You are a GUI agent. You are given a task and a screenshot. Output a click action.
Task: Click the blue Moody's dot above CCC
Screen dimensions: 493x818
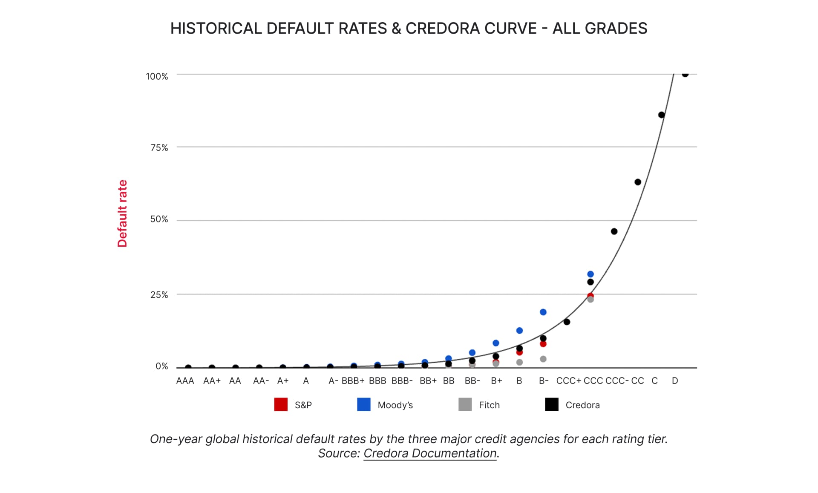pyautogui.click(x=590, y=274)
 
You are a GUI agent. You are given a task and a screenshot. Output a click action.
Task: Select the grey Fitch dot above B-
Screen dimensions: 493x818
pyautogui.click(x=543, y=359)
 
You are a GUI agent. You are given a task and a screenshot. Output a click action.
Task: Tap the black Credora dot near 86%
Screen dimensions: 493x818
pyautogui.click(x=661, y=115)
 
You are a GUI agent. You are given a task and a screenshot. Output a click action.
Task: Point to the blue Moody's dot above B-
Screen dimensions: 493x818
pyautogui.click(x=543, y=312)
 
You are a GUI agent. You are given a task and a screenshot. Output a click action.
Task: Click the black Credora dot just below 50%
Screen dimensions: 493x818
pyautogui.click(x=614, y=231)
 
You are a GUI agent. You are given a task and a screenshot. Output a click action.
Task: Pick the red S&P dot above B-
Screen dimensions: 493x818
pyautogui.click(x=543, y=344)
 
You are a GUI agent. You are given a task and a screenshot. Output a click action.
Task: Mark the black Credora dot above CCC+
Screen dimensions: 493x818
pyautogui.click(x=567, y=322)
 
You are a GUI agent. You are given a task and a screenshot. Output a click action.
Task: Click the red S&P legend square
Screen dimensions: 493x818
pyautogui.click(x=281, y=404)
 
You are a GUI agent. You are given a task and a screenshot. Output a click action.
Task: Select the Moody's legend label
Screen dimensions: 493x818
pyautogui.click(x=395, y=405)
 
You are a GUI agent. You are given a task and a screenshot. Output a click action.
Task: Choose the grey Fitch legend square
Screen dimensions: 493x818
pyautogui.click(x=465, y=404)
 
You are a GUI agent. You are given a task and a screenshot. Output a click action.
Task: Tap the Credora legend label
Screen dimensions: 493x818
pyautogui.click(x=582, y=405)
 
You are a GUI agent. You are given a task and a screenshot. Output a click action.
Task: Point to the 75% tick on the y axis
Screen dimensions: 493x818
pyautogui.click(x=159, y=147)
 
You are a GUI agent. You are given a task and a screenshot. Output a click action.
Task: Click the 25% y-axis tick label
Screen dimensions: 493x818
pyautogui.click(x=159, y=294)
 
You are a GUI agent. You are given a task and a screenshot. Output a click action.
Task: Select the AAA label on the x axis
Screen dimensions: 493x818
pyautogui.click(x=185, y=381)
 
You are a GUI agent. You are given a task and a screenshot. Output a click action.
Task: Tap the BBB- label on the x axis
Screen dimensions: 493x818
pyautogui.click(x=402, y=381)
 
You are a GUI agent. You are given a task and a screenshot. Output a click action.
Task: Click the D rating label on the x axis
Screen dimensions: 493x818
pyautogui.click(x=675, y=381)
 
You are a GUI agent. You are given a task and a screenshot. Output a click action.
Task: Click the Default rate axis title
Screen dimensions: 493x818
pyautogui.click(x=122, y=213)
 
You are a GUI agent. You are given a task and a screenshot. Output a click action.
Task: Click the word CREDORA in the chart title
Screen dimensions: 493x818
pyautogui.click(x=471, y=28)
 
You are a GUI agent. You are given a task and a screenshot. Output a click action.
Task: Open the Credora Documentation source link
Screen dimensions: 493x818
pyautogui.click(x=430, y=453)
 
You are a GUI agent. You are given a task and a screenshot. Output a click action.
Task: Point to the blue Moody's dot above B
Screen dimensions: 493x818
pyautogui.click(x=519, y=331)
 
